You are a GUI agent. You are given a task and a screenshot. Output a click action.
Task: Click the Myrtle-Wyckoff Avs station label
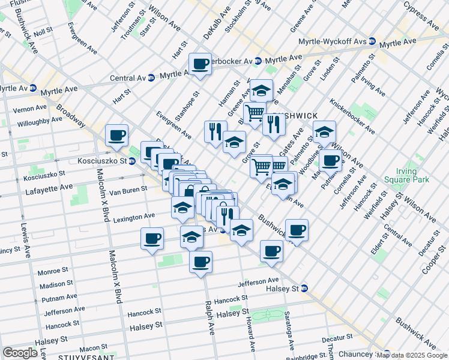click(333, 42)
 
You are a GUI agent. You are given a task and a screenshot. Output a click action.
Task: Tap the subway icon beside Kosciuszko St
click(131, 161)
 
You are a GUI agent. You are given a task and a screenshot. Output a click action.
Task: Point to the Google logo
click(20, 353)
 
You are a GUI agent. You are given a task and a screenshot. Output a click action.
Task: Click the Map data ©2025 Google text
click(412, 355)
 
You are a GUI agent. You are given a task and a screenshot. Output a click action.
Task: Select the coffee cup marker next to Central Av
click(200, 64)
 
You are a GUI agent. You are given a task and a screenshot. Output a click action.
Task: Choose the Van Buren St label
click(128, 190)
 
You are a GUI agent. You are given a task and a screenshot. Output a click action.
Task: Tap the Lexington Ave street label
click(134, 216)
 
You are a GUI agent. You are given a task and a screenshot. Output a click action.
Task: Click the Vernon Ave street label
click(29, 107)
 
